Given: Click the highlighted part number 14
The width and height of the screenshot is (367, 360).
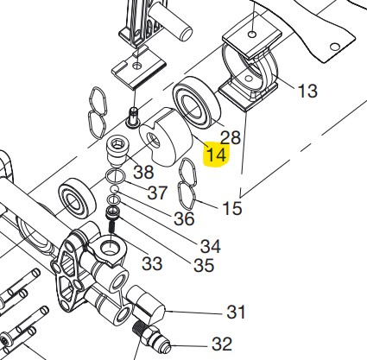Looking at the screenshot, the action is point(217,155).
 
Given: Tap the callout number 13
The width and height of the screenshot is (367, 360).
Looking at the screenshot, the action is point(307,91).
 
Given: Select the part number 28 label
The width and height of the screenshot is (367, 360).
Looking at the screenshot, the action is point(231,137).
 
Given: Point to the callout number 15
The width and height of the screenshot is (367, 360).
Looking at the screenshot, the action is point(232,208).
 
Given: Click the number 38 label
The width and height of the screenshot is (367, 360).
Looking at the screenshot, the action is point(143,172).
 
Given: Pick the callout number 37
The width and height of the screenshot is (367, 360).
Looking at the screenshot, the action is point(157,193).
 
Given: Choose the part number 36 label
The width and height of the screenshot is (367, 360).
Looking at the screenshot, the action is point(184,218).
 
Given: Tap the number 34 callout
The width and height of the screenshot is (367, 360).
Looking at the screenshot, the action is point(211,246).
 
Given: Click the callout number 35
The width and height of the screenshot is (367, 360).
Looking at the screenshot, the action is point(204,265).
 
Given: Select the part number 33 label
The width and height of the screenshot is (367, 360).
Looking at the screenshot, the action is point(152,263).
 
